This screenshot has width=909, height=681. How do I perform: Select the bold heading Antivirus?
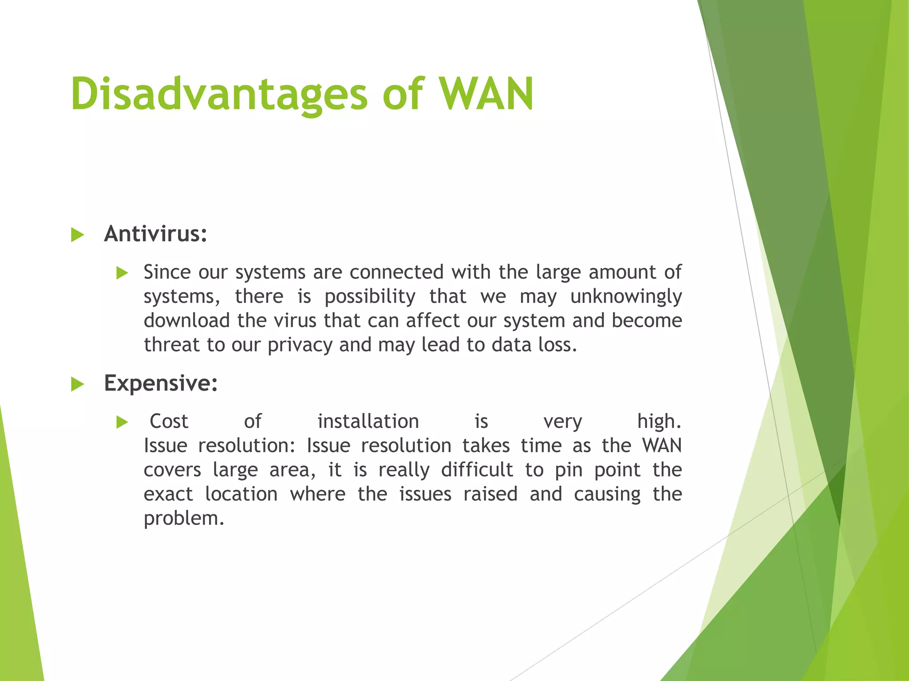click(x=155, y=234)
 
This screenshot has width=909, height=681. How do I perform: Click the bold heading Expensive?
click(x=161, y=383)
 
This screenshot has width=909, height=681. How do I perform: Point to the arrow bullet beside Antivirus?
click(x=77, y=235)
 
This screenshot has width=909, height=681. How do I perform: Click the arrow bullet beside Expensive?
click(x=77, y=384)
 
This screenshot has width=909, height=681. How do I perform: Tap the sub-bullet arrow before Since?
click(x=122, y=273)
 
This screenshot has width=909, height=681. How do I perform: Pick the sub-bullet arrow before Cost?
click(x=122, y=423)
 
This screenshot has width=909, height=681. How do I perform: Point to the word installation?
click(x=368, y=421)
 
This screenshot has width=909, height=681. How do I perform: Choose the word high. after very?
click(x=659, y=421)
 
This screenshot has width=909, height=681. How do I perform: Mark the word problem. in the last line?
click(x=184, y=519)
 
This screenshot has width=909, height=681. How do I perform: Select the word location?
click(x=241, y=494)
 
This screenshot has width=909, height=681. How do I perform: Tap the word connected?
click(x=396, y=272)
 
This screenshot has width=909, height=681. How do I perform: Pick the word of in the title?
click(x=403, y=94)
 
